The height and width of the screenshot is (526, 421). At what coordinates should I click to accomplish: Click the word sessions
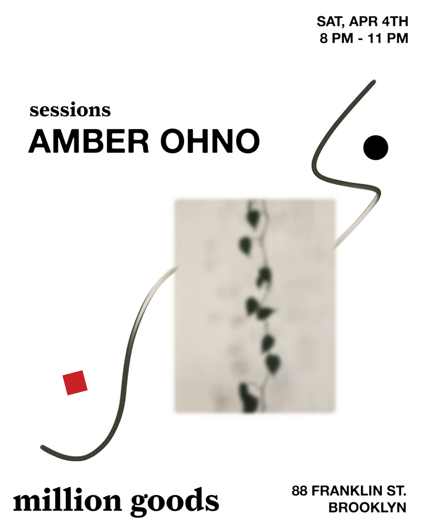click(70, 110)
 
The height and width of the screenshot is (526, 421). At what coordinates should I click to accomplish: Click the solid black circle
click(376, 148)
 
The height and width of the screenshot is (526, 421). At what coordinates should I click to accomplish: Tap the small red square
click(75, 383)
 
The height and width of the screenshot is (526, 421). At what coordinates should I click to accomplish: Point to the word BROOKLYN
click(367, 507)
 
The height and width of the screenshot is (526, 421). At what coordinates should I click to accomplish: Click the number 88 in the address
click(299, 491)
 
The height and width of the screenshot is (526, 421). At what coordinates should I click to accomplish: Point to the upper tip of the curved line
click(373, 82)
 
